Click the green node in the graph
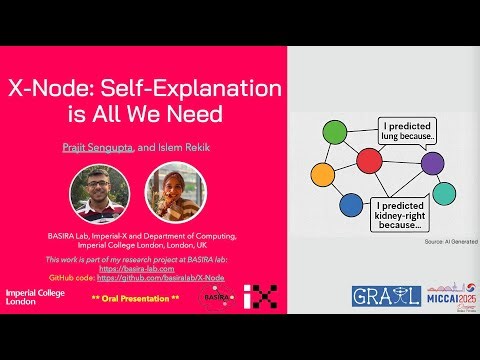coord(335,133)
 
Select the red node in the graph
coord(370,158)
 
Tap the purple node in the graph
coord(431,161)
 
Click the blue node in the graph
coord(350,205)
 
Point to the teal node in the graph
coord(443,193)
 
